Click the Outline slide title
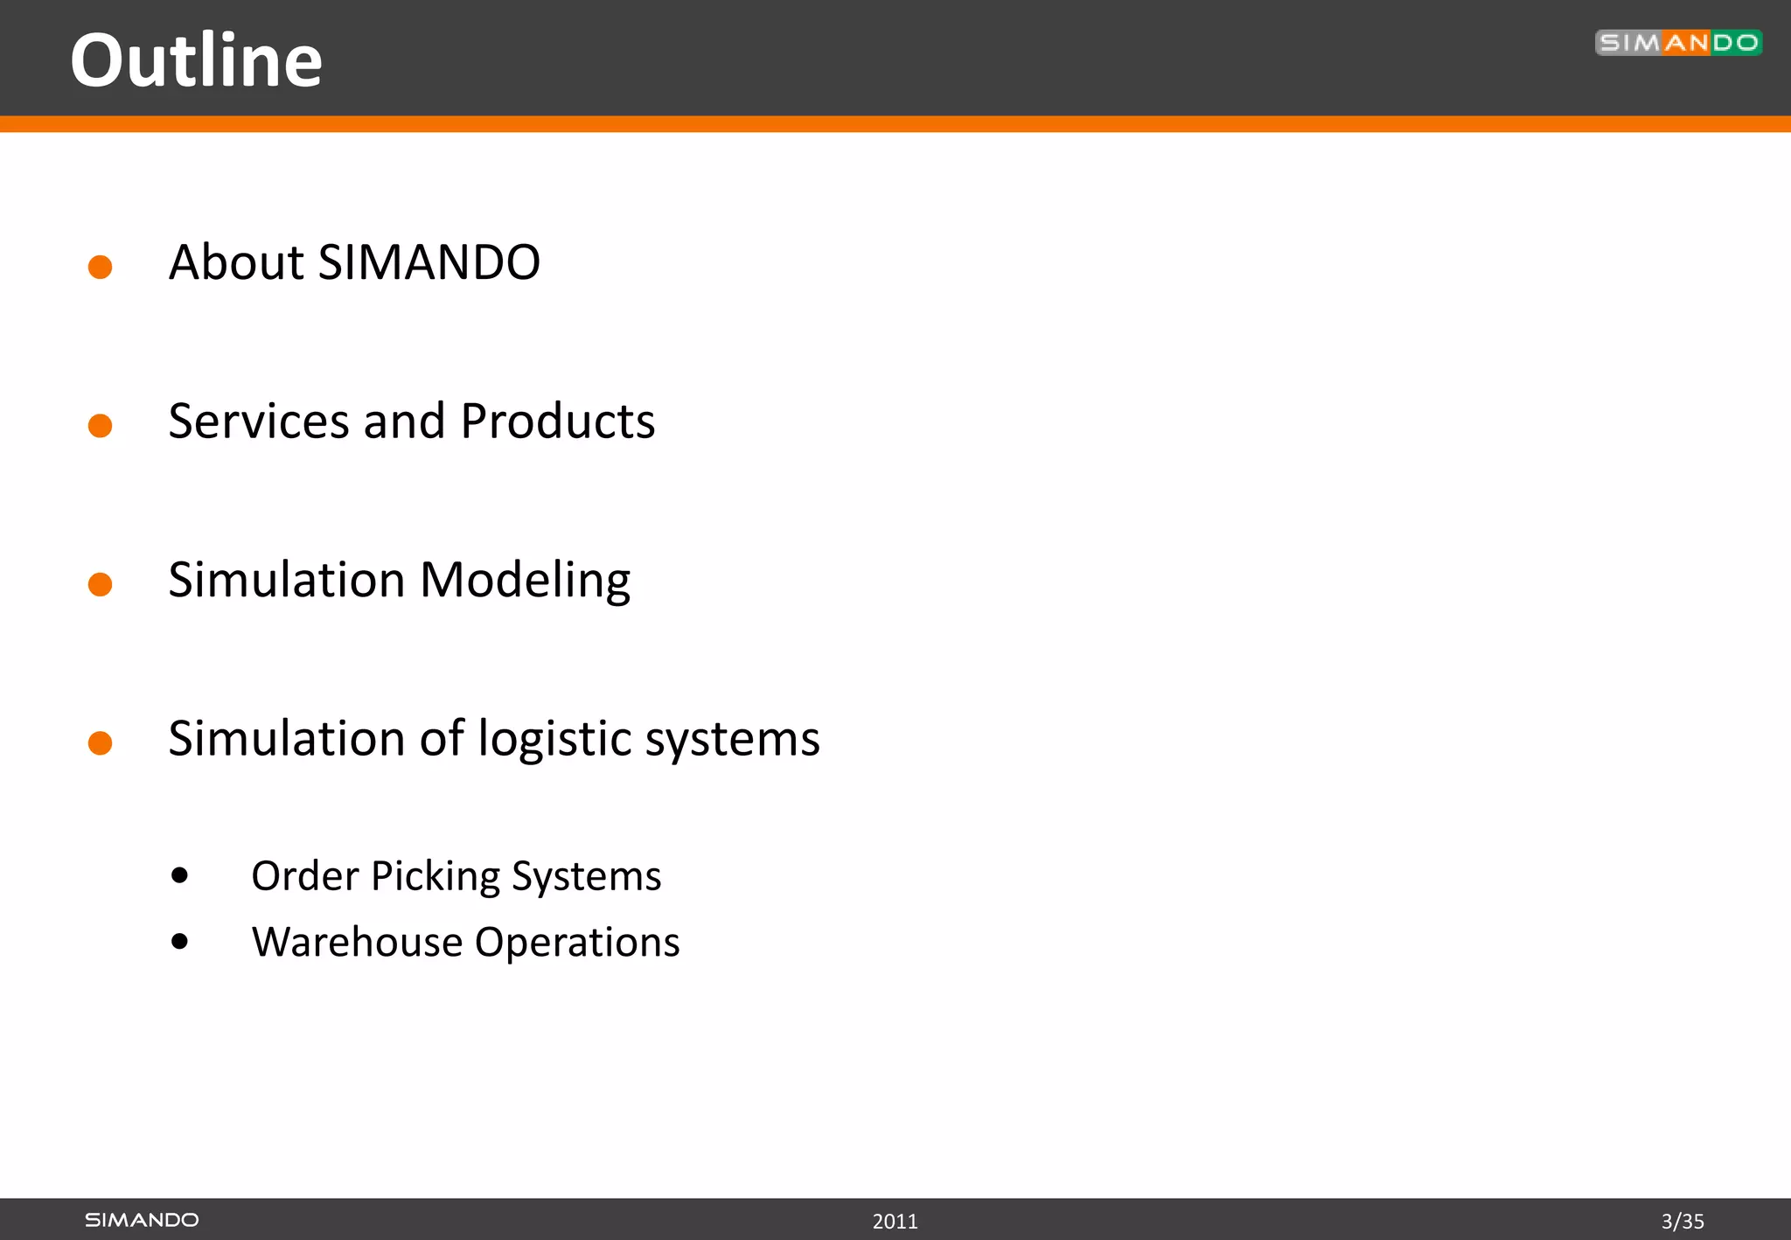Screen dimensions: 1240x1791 tap(196, 60)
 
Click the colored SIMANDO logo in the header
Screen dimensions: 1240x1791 tap(1677, 43)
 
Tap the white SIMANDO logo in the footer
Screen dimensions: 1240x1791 tap(142, 1220)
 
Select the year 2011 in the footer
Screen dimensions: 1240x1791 tap(895, 1222)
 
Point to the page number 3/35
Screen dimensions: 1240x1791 tap(1682, 1222)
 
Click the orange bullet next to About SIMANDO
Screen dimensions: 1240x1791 tap(101, 267)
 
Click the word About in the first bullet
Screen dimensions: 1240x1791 tap(236, 262)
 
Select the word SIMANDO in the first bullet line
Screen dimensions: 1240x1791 tap(429, 262)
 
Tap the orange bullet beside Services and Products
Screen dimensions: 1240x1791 tap(101, 426)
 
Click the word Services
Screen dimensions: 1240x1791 tap(259, 421)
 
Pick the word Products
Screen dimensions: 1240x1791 tap(557, 421)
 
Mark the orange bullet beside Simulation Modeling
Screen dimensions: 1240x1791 tap(101, 584)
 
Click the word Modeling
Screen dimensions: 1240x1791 tap(525, 581)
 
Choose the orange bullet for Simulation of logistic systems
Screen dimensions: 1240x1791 tap(101, 743)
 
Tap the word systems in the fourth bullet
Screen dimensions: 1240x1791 tap(732, 740)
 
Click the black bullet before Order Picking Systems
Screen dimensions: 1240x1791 tap(180, 875)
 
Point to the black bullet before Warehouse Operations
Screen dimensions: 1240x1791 tap(180, 942)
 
